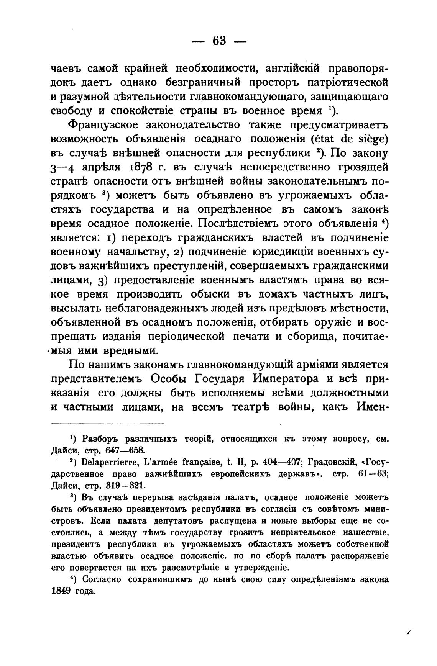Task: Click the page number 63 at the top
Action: pyautogui.click(x=219, y=40)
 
